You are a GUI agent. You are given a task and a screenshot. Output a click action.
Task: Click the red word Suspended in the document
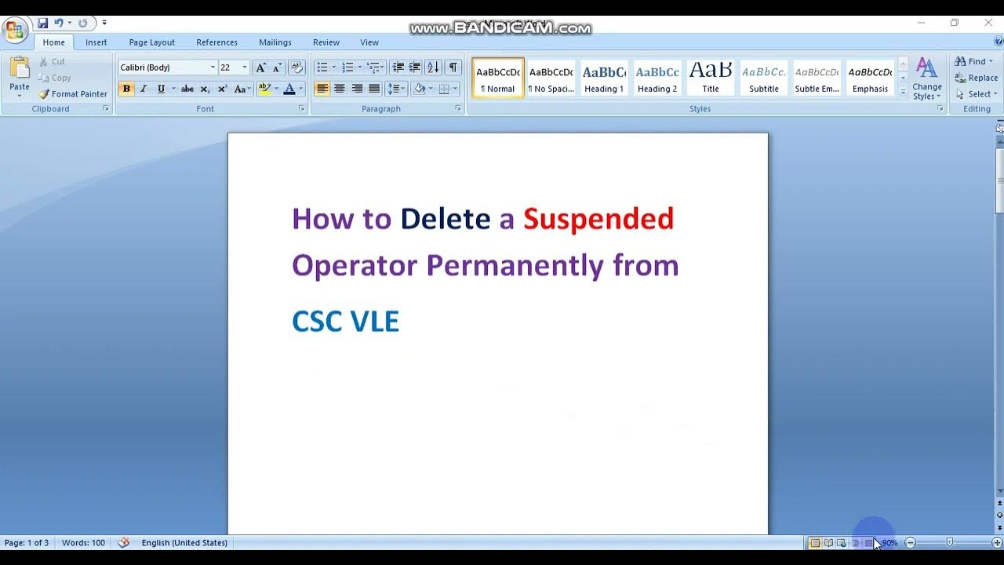pyautogui.click(x=598, y=219)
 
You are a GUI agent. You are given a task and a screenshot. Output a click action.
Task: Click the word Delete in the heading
pyautogui.click(x=445, y=219)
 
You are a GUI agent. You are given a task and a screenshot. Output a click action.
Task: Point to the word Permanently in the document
pyautogui.click(x=515, y=266)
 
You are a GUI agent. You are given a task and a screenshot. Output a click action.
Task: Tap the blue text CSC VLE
pyautogui.click(x=345, y=322)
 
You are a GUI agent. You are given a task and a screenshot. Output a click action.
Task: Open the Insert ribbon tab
pyautogui.click(x=96, y=42)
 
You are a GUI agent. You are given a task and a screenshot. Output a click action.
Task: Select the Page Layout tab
pyautogui.click(x=151, y=42)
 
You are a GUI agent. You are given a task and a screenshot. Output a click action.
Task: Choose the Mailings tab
pyautogui.click(x=275, y=42)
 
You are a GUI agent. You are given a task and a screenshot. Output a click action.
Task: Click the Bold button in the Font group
pyautogui.click(x=126, y=89)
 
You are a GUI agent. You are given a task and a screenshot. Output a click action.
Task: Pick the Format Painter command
pyautogui.click(x=73, y=94)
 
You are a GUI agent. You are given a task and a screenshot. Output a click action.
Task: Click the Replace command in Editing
pyautogui.click(x=977, y=78)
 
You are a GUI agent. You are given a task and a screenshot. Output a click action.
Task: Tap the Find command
pyautogui.click(x=973, y=61)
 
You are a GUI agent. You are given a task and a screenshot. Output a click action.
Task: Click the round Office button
pyautogui.click(x=14, y=31)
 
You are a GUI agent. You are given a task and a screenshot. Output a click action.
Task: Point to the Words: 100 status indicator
pyautogui.click(x=83, y=543)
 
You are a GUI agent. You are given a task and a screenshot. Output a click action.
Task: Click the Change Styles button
pyautogui.click(x=926, y=79)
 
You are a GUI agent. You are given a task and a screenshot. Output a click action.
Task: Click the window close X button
pyautogui.click(x=988, y=23)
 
